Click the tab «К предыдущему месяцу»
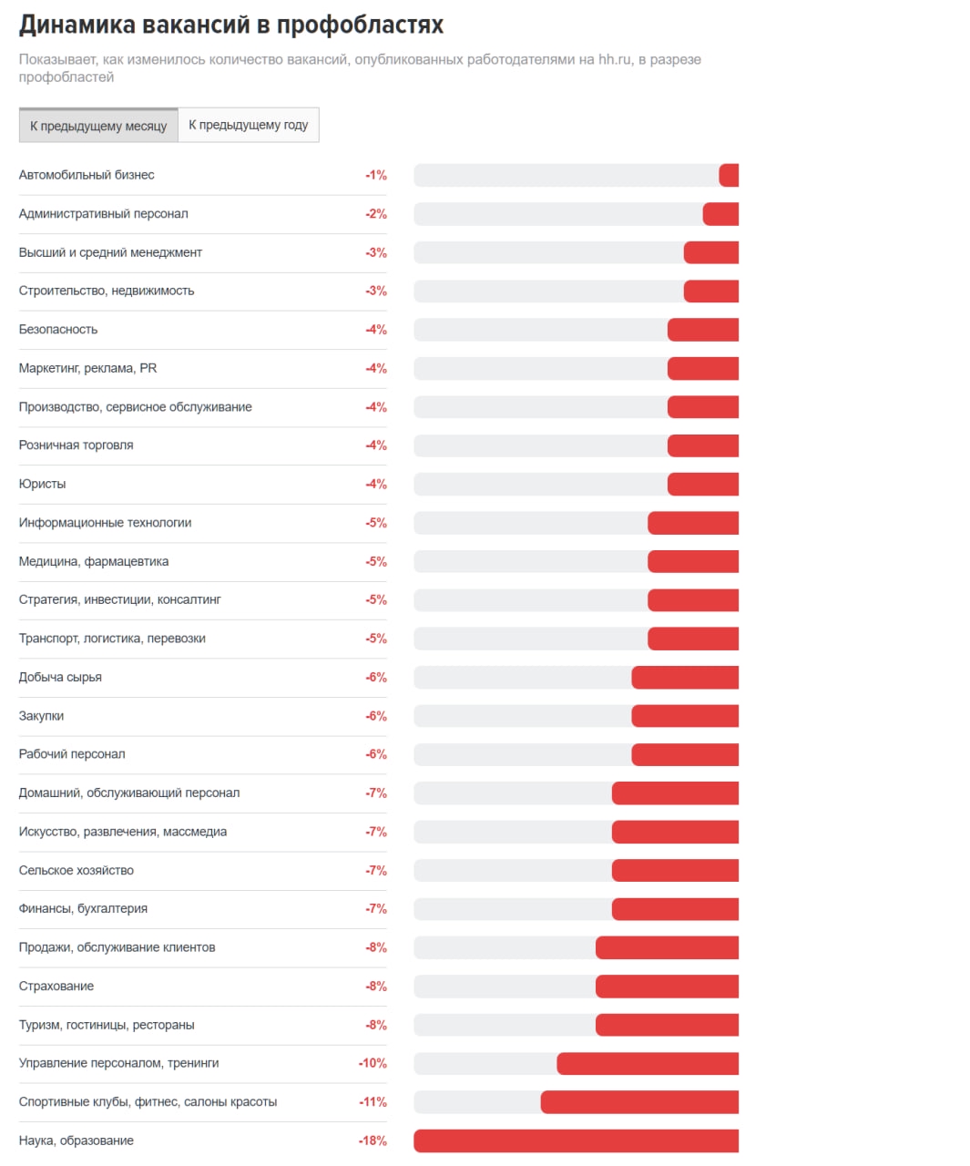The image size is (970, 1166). [98, 126]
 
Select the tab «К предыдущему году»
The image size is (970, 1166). [249, 125]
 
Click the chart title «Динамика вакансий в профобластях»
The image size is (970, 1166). [231, 25]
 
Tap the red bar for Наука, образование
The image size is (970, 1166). [576, 1140]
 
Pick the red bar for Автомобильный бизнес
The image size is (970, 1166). [729, 175]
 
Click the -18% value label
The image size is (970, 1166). [373, 1140]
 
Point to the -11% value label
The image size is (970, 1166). [373, 1102]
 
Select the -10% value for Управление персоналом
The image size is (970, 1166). [373, 1063]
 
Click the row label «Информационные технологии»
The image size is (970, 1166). [105, 523]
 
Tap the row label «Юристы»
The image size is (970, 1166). [42, 484]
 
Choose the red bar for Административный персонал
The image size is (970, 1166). [720, 214]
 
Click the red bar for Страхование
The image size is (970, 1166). [667, 987]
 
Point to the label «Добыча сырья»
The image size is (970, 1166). [60, 677]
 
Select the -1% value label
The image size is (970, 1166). [376, 175]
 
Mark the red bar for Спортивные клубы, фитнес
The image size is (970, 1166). [639, 1102]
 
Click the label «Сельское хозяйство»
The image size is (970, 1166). [77, 870]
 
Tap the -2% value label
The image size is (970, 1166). [376, 214]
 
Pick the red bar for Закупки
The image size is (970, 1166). [685, 716]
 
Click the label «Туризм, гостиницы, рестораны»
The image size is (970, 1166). [107, 1025]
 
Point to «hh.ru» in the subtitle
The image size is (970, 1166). [615, 59]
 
